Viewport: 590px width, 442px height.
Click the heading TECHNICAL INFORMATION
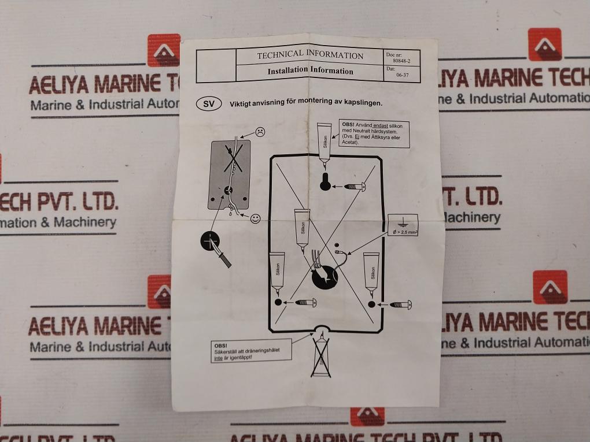click(x=310, y=55)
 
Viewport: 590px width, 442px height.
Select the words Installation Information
click(x=310, y=71)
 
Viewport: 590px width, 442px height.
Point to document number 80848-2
click(x=401, y=60)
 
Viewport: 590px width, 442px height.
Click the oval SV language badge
click(x=209, y=104)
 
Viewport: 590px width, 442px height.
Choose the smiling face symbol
click(x=256, y=218)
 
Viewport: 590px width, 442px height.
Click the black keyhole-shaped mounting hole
click(x=325, y=181)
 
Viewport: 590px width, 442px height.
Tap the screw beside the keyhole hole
click(x=354, y=186)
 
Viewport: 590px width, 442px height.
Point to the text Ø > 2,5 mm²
click(x=405, y=232)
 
